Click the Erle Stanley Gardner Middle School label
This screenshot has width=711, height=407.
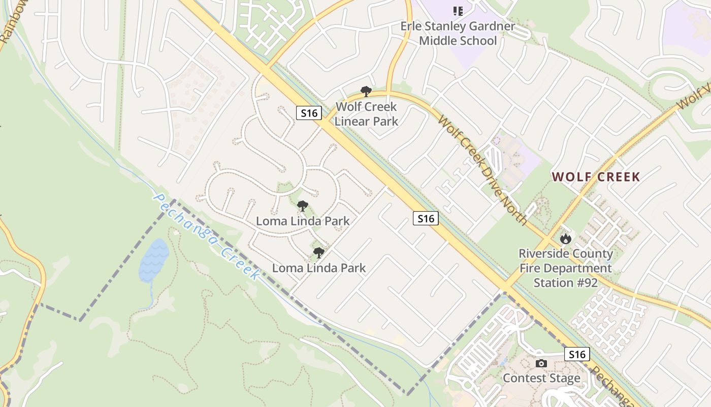458,33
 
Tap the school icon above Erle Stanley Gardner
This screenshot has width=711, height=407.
458,11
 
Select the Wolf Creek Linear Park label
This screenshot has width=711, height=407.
366,114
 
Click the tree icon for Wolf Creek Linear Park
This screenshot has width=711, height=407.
366,92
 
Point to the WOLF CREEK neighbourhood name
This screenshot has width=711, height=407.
596,177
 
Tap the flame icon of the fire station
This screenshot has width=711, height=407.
565,239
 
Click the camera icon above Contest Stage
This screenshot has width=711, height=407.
541,363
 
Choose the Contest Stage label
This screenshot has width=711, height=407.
541,379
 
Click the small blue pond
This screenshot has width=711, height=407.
153,259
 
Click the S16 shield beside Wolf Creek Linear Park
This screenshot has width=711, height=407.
309,113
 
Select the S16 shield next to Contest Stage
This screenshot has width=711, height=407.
577,354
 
